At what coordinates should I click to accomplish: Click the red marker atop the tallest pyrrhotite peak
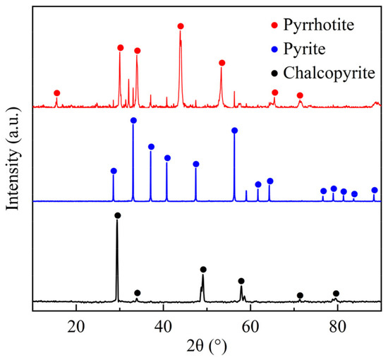pos(181,26)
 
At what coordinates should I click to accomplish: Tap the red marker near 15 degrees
pos(56,93)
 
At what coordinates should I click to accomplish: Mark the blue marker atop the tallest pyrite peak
pos(133,121)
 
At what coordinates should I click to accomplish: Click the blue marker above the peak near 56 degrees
pos(234,131)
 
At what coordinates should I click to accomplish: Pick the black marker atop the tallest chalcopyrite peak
pos(117,215)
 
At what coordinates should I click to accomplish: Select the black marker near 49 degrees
pos(203,270)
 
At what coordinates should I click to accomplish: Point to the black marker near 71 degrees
pos(300,295)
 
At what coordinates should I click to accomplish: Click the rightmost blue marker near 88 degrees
pos(375,191)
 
